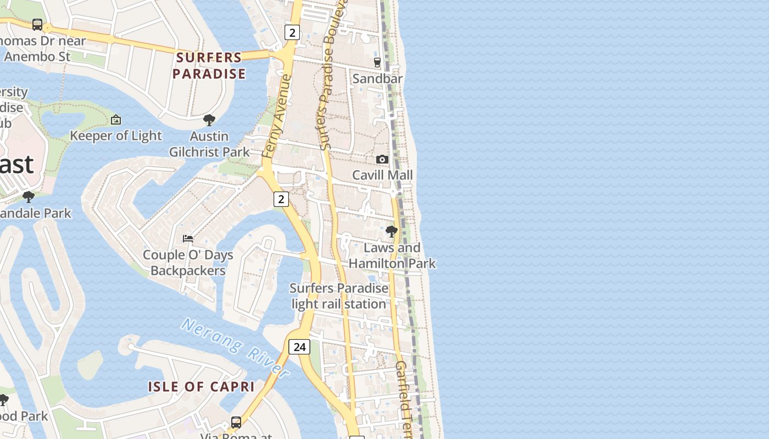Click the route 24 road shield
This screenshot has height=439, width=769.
299,346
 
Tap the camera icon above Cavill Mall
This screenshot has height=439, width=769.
382,159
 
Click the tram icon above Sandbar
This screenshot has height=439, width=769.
377,63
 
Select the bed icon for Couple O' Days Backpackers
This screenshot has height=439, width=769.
188,239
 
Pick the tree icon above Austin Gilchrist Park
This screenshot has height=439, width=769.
209,120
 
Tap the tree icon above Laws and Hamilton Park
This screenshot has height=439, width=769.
392,232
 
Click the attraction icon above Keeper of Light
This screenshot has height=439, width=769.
116,120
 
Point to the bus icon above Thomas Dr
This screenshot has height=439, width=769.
37,24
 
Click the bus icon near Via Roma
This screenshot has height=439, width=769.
236,422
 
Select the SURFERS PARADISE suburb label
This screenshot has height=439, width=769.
209,65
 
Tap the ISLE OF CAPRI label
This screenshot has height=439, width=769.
201,386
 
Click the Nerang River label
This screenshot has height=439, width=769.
235,347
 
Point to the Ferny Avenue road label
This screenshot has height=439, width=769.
277,116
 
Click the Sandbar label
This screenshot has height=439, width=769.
377,78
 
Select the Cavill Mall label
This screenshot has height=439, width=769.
382,175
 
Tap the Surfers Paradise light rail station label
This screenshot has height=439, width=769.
339,296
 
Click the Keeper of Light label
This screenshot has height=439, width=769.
116,136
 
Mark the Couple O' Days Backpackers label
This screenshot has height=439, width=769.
188,262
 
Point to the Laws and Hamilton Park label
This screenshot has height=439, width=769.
392,255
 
